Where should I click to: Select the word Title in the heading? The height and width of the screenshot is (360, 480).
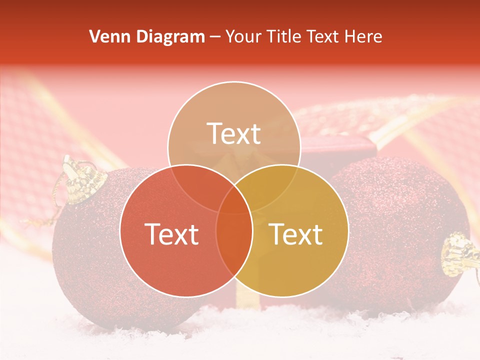(283, 36)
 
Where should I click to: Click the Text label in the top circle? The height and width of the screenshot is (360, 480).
(234, 133)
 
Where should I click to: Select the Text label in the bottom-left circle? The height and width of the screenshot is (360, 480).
(171, 234)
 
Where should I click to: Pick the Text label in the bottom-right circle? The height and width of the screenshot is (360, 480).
(296, 234)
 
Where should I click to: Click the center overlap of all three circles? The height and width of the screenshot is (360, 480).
(234, 200)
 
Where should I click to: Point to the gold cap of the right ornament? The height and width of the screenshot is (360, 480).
(457, 255)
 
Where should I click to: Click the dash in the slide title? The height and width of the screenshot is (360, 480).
(215, 37)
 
